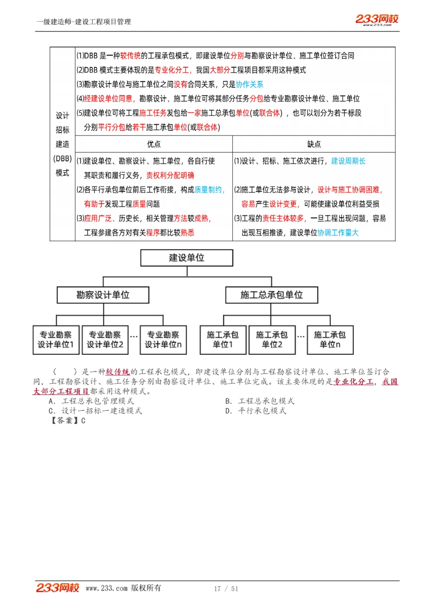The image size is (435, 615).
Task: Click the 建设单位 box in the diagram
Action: (x=187, y=258)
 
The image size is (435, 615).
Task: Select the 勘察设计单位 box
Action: (x=103, y=295)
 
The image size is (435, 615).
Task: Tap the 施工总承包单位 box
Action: (x=271, y=295)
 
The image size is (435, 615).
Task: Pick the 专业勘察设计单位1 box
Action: (x=56, y=339)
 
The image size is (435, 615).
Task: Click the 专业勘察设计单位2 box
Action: (x=105, y=339)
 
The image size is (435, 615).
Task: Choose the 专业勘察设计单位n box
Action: (x=163, y=339)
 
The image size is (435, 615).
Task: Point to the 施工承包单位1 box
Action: (x=223, y=339)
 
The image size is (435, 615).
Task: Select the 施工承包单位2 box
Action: (x=272, y=339)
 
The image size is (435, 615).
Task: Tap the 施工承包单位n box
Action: (x=330, y=339)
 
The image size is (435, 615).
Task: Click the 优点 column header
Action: (x=154, y=144)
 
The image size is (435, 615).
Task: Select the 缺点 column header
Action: (x=314, y=144)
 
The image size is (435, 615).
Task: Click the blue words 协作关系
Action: (x=250, y=84)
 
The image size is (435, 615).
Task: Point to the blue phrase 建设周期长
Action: (x=348, y=161)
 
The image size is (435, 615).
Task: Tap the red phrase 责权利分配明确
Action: (x=170, y=176)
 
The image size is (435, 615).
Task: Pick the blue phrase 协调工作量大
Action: (x=338, y=233)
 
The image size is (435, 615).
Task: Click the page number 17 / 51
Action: (x=226, y=588)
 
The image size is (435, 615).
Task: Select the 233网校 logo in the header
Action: (x=377, y=19)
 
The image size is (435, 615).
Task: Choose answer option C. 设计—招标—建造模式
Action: (x=96, y=411)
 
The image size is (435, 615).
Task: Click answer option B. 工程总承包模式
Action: (x=260, y=401)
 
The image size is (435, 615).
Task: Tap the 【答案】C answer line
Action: (x=68, y=420)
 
